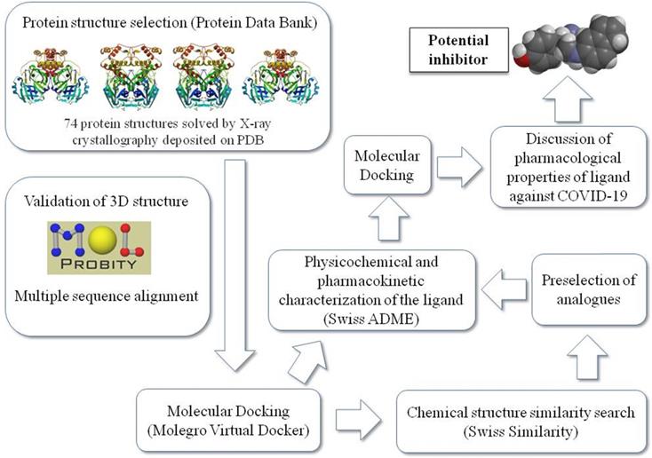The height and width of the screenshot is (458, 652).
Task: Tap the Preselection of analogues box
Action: click(x=589, y=289)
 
